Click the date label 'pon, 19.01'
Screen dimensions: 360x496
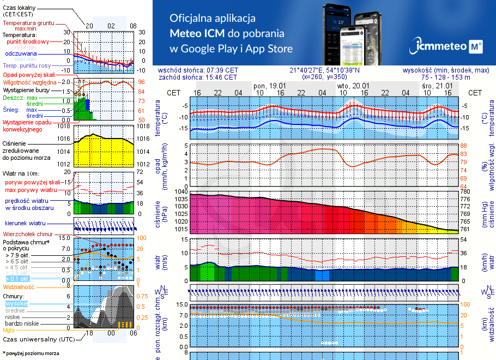click(270, 86)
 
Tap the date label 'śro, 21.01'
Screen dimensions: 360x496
click(437, 86)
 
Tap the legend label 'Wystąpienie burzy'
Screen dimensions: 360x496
click(26, 89)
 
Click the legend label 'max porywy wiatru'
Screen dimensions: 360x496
click(29, 190)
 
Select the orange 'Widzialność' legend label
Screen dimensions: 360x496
click(19, 286)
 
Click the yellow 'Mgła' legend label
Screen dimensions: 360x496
click(9, 330)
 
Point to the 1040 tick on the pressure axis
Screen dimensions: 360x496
click(180, 192)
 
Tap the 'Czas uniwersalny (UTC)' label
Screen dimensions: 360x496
click(39, 339)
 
